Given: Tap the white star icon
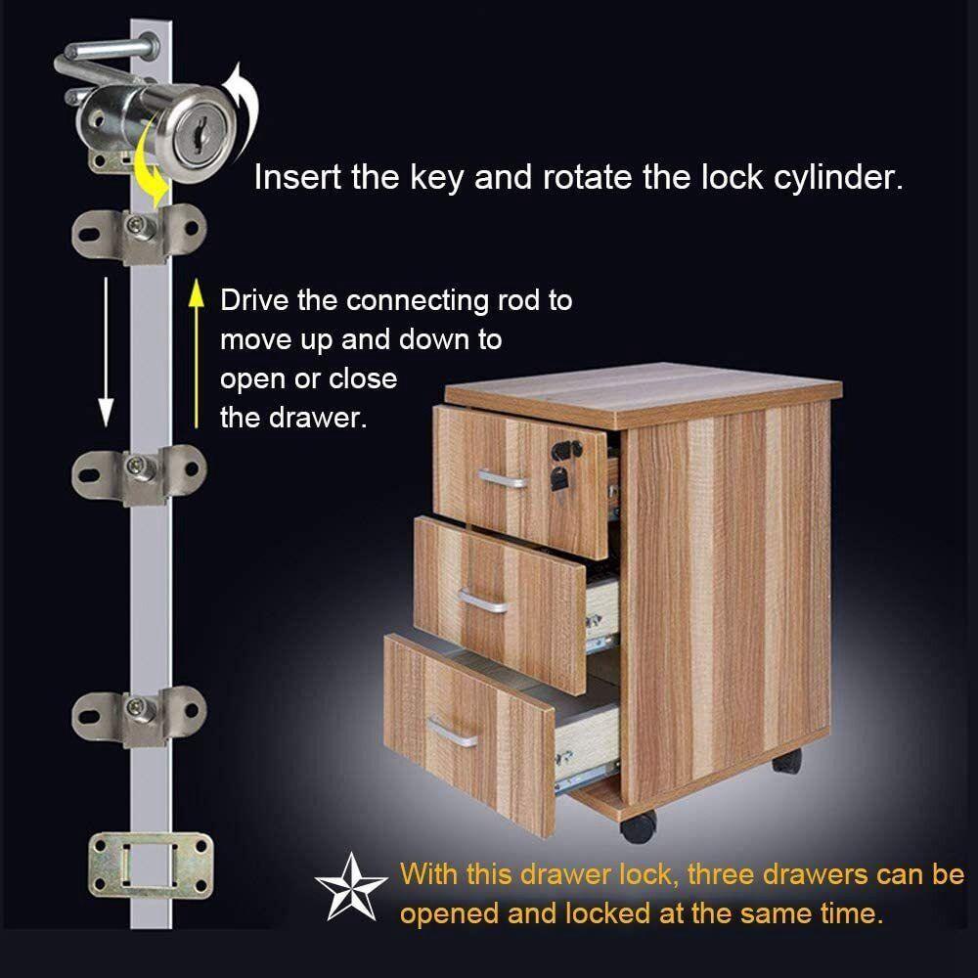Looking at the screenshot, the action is click(x=350, y=888).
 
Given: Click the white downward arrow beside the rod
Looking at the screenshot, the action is click(x=106, y=352).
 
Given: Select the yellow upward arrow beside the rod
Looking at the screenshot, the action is click(x=197, y=354).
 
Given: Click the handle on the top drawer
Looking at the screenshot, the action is click(x=502, y=479).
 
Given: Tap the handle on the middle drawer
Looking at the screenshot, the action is click(x=483, y=601).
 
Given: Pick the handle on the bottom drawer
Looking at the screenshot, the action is click(x=452, y=732).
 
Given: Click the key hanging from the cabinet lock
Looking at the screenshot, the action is click(x=558, y=480).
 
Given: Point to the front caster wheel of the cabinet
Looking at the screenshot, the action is click(x=638, y=826).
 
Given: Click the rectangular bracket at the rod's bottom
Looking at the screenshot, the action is click(x=151, y=866).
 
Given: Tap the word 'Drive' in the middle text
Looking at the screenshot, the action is click(x=254, y=300).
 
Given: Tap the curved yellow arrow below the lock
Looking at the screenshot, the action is click(x=153, y=163).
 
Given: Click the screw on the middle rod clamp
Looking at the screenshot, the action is click(x=136, y=465).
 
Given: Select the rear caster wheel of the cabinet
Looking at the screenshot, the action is click(x=787, y=761).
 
